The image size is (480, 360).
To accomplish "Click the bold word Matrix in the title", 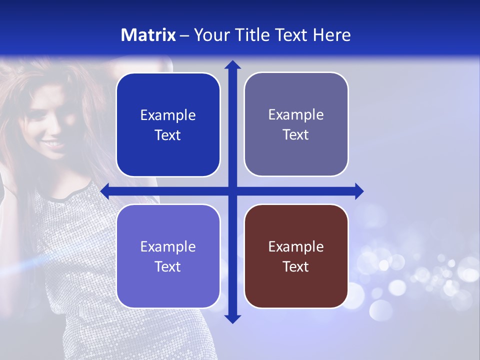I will pyautogui.click(x=148, y=35).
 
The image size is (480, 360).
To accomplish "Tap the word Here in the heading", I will pyautogui.click(x=331, y=35).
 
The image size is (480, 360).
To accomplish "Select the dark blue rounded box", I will pyautogui.click(x=168, y=125).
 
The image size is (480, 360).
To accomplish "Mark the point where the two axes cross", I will pyautogui.click(x=232, y=191).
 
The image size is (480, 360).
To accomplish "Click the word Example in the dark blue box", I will pyautogui.click(x=168, y=115).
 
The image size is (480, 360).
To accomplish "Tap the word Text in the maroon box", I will pyautogui.click(x=296, y=266).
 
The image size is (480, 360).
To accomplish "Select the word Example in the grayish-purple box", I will pyautogui.click(x=296, y=115).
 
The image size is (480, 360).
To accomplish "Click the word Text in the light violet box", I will pyautogui.click(x=168, y=266).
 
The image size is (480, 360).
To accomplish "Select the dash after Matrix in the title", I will pyautogui.click(x=184, y=35).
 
